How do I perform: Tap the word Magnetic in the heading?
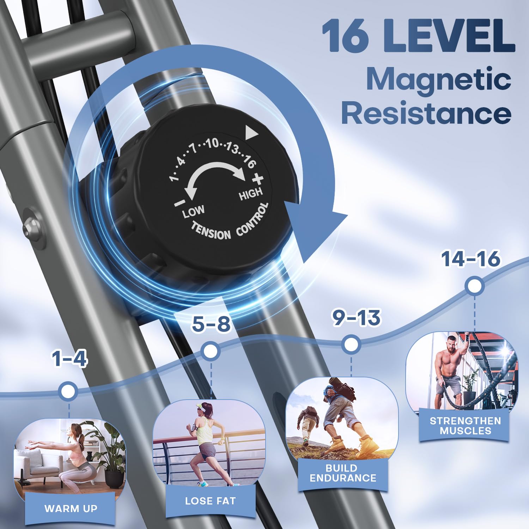point(439,79)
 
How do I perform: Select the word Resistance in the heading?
point(426,113)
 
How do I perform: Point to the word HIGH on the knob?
point(251,193)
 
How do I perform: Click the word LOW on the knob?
point(193,212)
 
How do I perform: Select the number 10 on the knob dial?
point(212,143)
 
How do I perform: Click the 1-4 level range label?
point(69,359)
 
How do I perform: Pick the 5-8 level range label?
point(211,324)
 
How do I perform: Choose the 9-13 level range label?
point(357,318)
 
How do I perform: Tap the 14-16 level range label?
point(470,259)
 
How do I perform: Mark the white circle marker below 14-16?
point(474,286)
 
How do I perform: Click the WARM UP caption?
point(71,508)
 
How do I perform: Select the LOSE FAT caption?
point(210,501)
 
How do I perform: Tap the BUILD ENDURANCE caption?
point(343,473)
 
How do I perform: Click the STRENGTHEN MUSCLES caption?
point(465,426)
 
